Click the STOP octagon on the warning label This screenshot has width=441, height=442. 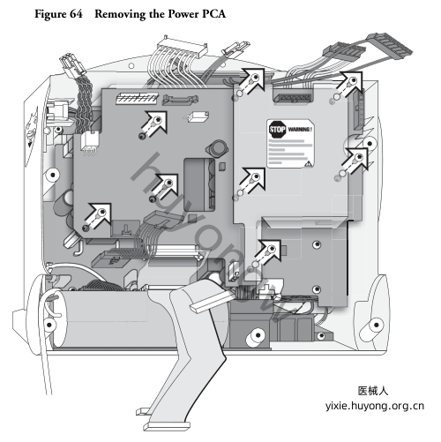277,130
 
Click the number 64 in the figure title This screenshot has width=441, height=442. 76,14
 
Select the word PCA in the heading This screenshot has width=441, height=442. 214,14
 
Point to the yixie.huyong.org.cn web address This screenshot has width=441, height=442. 375,406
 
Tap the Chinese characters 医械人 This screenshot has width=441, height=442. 373,391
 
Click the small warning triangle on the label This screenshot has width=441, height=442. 308,164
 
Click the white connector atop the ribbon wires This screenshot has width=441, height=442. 183,47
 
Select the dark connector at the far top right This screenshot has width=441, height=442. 390,46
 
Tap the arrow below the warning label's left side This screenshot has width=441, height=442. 252,181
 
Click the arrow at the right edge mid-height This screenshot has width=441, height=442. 356,160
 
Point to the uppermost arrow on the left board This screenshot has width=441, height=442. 153,124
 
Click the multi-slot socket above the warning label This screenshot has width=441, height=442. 293,96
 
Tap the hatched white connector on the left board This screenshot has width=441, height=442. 137,98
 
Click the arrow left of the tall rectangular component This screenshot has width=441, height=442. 165,187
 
